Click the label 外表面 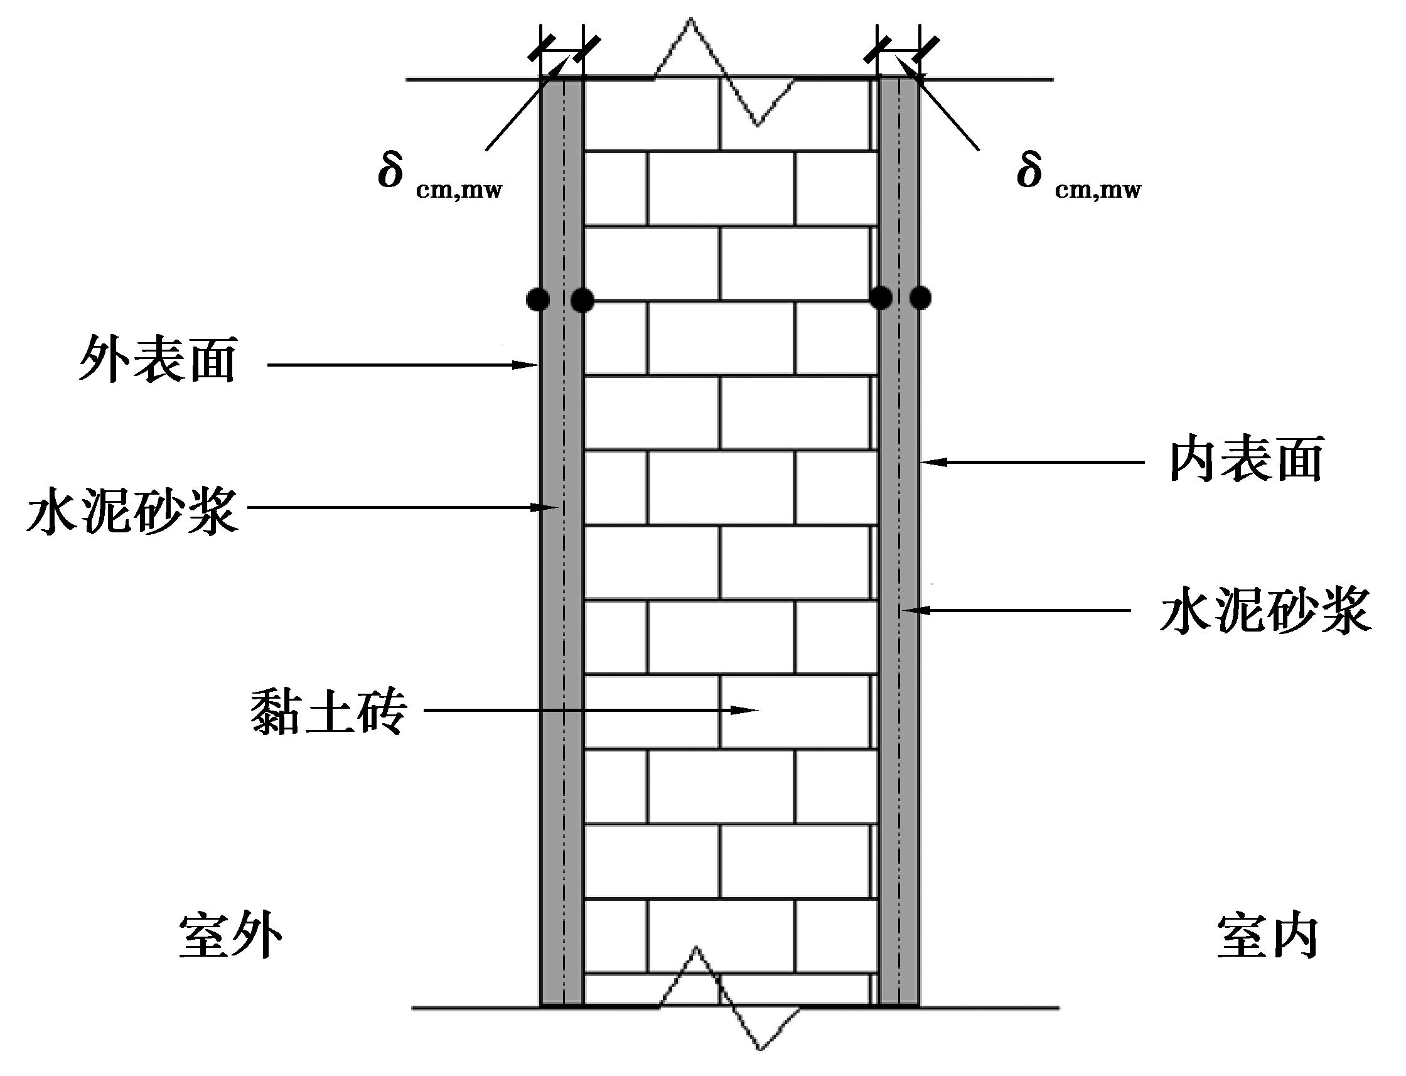pos(158,360)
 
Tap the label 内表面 pos(1246,460)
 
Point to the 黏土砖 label pos(328,711)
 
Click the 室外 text pos(230,936)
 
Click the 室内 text pos(1267,936)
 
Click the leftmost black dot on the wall pos(538,299)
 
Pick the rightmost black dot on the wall pos(920,298)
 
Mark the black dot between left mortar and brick pos(582,299)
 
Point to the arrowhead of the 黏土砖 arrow pos(749,709)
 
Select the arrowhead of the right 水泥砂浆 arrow pos(910,610)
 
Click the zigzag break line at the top pos(724,70)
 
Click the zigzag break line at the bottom pos(730,1006)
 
